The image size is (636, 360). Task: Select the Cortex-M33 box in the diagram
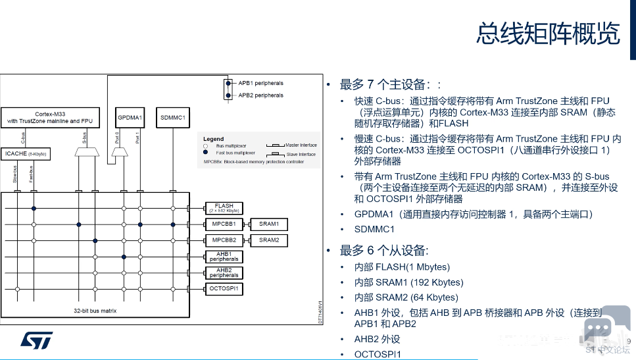point(50,117)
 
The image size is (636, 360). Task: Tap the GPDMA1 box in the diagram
point(130,118)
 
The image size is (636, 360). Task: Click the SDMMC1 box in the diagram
point(173,118)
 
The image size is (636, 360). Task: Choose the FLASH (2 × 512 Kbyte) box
point(224,208)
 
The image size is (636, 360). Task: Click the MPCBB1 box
point(224,224)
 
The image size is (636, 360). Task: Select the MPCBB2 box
point(224,240)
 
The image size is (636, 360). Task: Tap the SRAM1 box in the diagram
point(269,224)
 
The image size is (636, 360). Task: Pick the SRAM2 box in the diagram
point(269,240)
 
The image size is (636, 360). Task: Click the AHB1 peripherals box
point(224,257)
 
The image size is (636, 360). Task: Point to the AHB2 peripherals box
point(224,272)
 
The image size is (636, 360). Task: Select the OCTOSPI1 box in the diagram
point(224,289)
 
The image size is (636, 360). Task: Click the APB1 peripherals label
point(260,84)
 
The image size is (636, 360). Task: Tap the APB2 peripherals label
point(260,95)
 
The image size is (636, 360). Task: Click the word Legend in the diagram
point(213,140)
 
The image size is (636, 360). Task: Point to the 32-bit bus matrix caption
point(95,310)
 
